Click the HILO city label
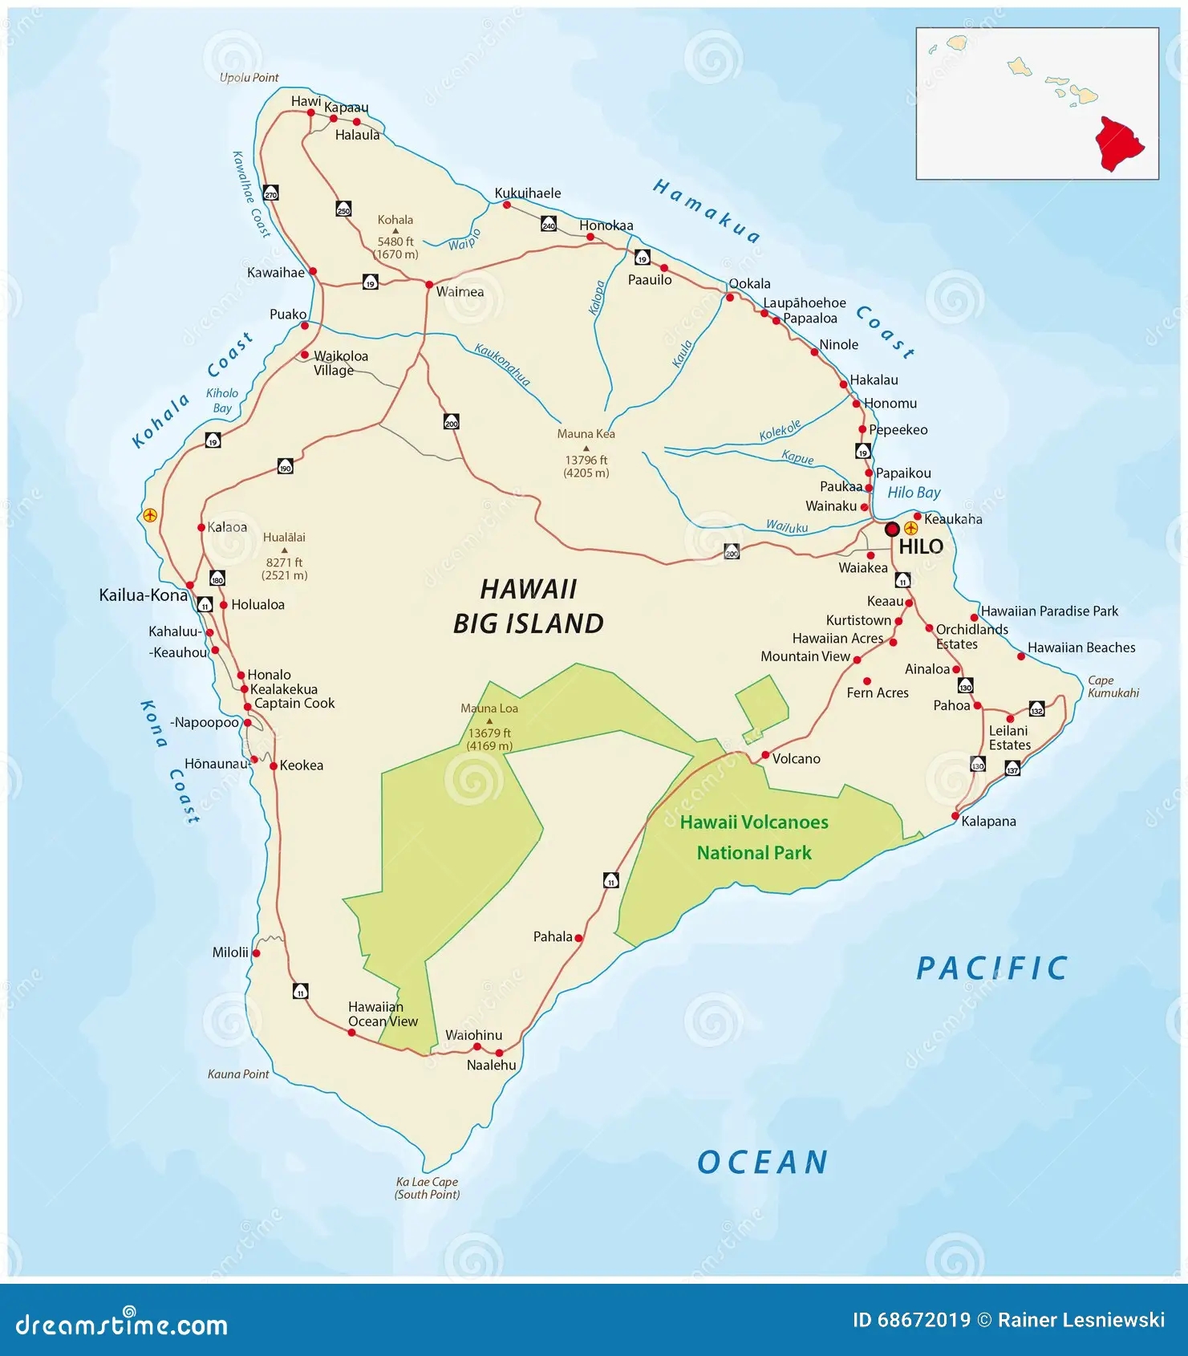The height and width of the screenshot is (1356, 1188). click(920, 547)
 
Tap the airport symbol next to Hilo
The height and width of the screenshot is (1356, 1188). click(910, 529)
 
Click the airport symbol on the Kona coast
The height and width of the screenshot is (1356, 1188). click(149, 515)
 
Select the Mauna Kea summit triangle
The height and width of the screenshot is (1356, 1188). click(586, 449)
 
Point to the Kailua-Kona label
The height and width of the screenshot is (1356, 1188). click(143, 595)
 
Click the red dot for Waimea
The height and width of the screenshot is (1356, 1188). click(429, 285)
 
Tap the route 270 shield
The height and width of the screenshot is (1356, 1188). click(271, 194)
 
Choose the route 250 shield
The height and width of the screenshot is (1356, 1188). click(343, 209)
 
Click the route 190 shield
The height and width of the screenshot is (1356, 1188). click(285, 467)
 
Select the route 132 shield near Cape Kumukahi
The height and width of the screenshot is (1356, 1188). click(1036, 710)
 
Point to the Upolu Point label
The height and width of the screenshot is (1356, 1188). click(249, 78)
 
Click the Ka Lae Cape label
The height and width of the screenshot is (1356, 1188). click(427, 1188)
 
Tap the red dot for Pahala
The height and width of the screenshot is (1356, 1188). click(578, 937)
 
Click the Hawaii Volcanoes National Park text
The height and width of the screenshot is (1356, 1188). click(754, 838)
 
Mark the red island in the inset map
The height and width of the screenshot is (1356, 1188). click(1119, 144)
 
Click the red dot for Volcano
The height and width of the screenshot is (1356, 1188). click(765, 755)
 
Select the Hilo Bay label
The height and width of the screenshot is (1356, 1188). click(914, 493)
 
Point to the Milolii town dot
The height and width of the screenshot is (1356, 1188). click(256, 953)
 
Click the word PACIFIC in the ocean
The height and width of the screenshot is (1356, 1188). click(992, 968)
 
